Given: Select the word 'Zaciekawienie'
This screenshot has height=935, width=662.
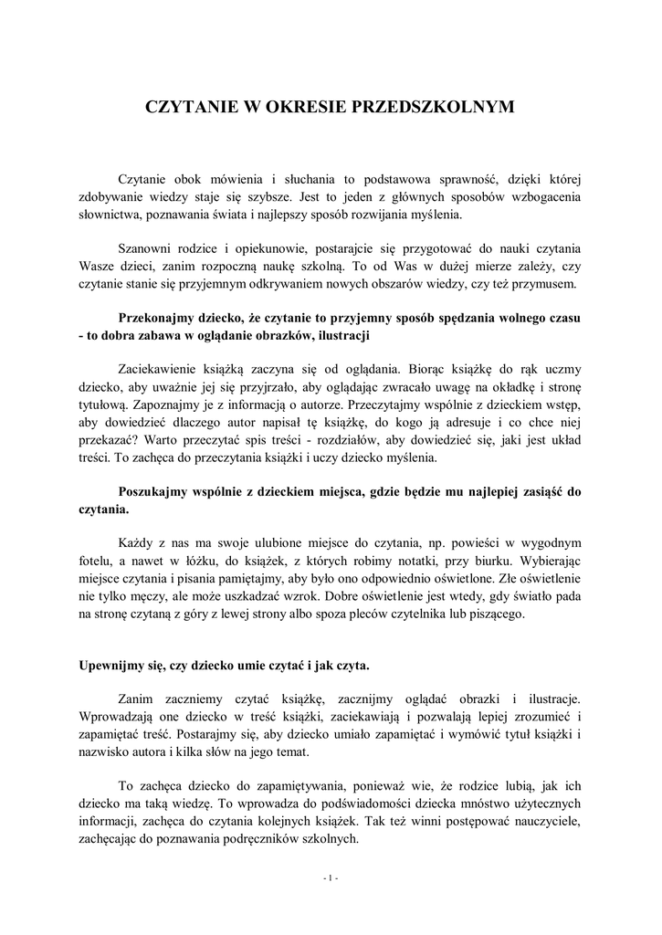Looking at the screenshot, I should pyautogui.click(x=163, y=370).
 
